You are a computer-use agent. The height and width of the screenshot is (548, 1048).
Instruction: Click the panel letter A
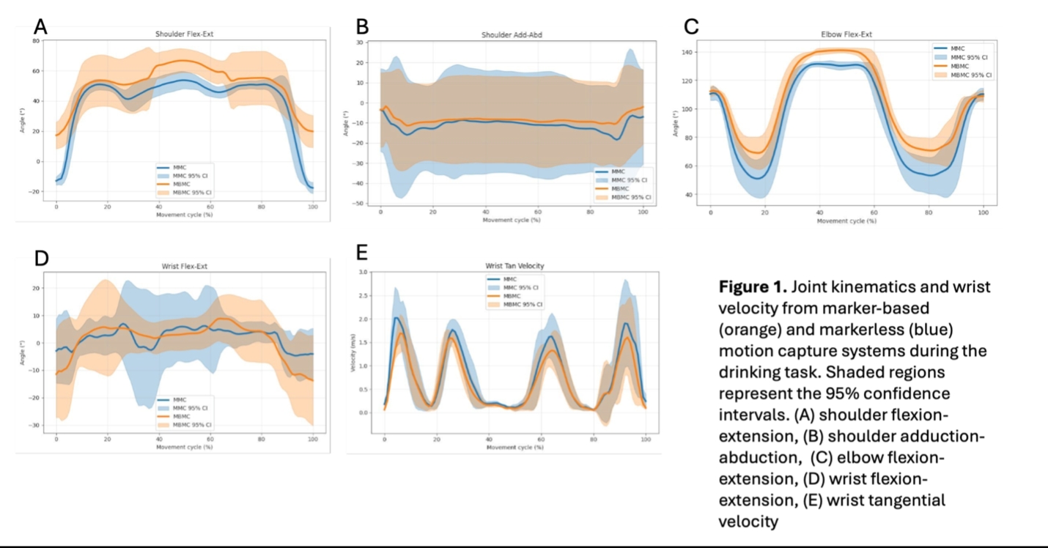40,27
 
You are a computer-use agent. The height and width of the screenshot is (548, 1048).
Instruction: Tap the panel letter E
362,253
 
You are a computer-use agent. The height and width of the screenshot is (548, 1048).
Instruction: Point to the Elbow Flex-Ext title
846,34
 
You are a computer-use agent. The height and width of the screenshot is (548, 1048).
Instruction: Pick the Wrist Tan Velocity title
514,266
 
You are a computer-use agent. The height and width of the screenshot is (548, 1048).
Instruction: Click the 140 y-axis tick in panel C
687,52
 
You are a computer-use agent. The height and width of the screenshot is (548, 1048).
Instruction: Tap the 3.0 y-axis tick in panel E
362,273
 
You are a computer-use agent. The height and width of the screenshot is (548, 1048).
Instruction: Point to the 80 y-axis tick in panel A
35,41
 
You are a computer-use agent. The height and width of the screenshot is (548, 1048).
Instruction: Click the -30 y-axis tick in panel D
34,426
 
